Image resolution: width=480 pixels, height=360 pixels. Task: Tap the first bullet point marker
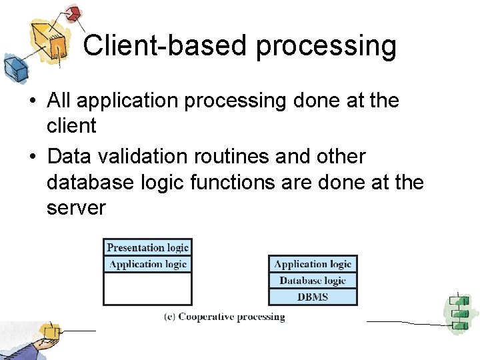pos(31,101)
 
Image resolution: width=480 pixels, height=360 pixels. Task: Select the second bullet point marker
pos(31,157)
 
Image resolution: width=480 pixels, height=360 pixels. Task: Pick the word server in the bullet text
pos(76,208)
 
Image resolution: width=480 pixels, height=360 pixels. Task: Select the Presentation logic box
pos(147,247)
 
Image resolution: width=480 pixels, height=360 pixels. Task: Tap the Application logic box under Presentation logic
pos(147,264)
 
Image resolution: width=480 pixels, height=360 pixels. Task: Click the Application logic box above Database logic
pos(313,264)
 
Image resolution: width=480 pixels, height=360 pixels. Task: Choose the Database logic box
pos(313,281)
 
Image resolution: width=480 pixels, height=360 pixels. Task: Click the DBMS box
pos(313,297)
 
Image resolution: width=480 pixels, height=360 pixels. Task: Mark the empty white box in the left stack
pos(147,289)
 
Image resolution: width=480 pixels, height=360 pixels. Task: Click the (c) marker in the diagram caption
pos(170,317)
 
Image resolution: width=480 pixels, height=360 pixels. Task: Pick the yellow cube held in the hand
pos(49,331)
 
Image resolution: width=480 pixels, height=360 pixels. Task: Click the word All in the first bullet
pos(61,101)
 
